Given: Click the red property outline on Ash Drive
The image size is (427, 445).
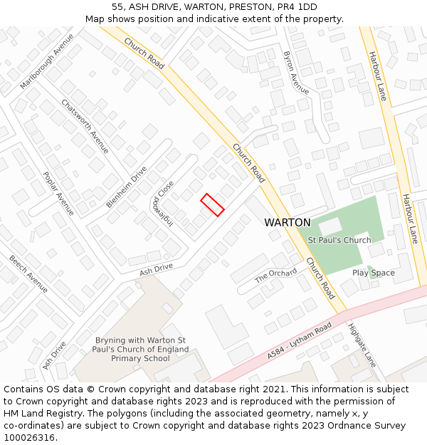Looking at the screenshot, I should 212,204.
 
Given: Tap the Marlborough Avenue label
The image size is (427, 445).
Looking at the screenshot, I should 48,61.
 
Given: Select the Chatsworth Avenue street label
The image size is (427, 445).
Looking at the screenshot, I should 85,126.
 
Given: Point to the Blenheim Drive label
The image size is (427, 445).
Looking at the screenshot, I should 126,187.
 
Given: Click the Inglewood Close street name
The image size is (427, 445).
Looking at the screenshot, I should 163,201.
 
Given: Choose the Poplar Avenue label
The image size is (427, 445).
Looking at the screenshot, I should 58,193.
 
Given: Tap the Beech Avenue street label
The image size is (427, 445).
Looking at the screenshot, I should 28,273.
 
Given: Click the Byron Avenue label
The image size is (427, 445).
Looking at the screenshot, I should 296,73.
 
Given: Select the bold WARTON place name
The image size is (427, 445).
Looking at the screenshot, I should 288,222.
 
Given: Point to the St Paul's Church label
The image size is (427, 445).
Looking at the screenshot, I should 339,240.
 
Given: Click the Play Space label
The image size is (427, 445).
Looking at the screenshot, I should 373,273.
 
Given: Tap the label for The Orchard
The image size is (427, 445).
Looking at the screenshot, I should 275,274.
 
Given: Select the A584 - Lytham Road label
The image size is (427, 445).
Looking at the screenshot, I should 300,340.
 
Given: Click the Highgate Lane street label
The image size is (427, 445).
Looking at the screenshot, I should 362,345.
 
